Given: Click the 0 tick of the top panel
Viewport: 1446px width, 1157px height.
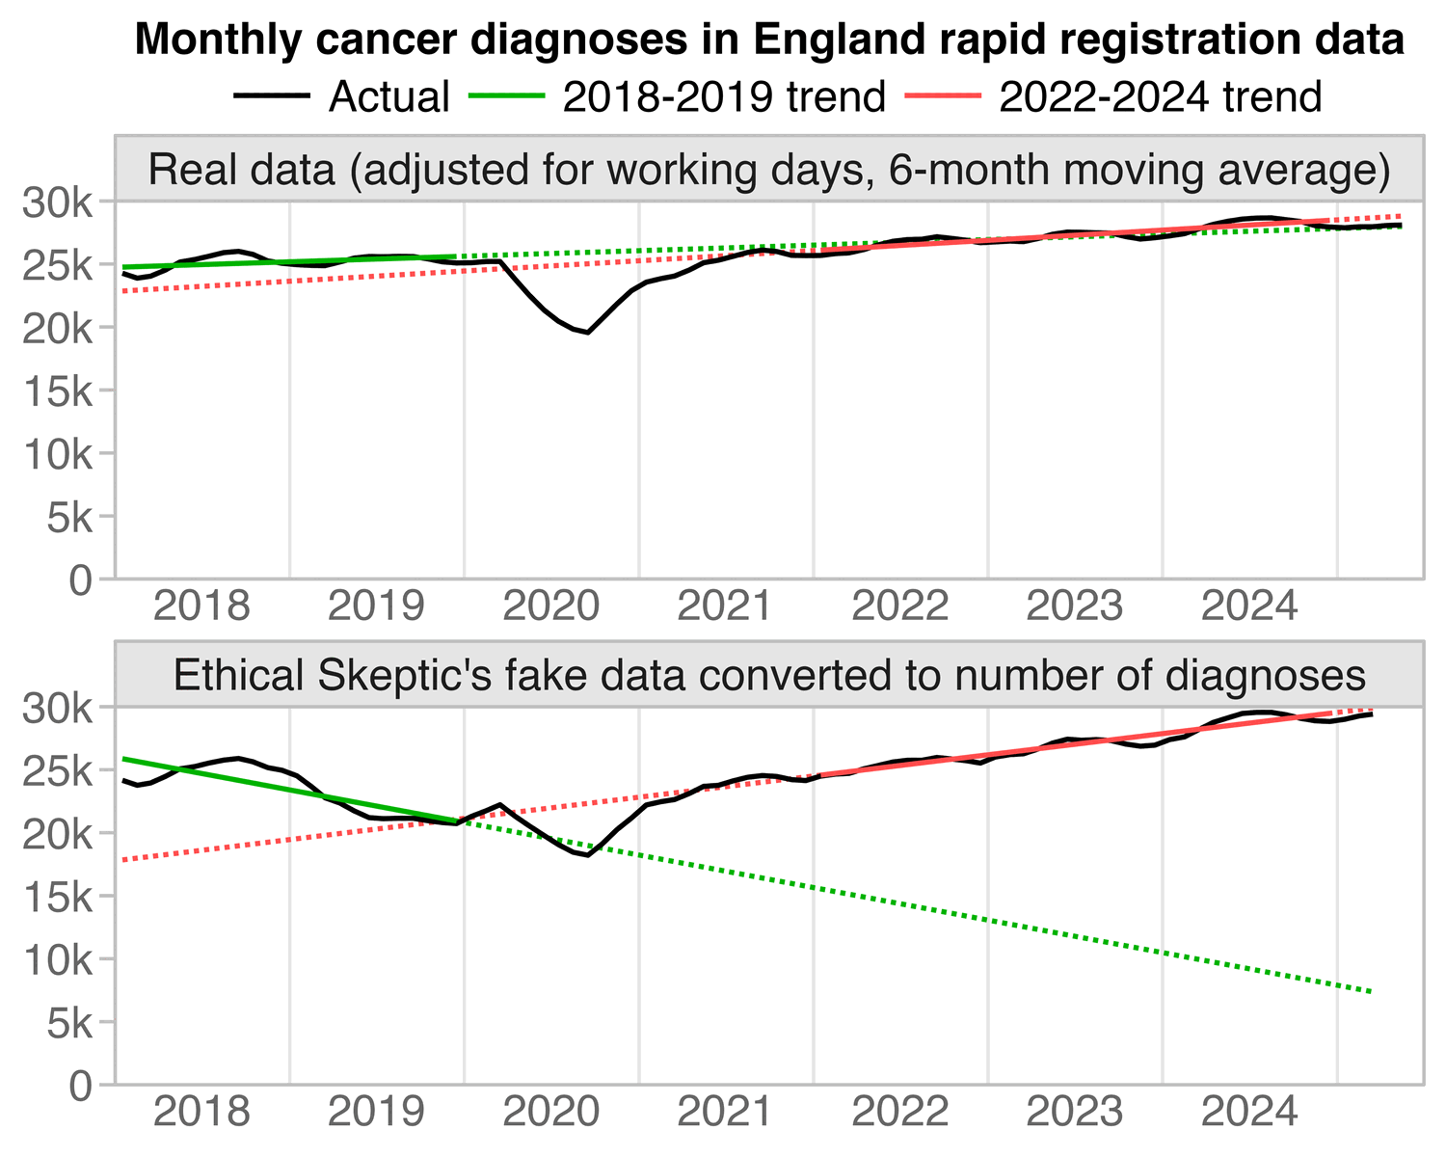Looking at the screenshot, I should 85,578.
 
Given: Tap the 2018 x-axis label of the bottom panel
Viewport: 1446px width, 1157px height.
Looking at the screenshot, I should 202,1115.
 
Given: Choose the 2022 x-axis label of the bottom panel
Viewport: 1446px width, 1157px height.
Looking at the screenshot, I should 900,1115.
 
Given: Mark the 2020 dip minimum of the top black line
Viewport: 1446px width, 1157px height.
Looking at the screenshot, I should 588,333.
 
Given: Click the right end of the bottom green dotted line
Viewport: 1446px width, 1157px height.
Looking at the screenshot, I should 1371,991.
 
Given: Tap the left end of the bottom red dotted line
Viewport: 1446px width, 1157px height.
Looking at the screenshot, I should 124,859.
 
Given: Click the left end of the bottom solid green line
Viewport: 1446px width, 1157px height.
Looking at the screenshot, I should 124,759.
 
